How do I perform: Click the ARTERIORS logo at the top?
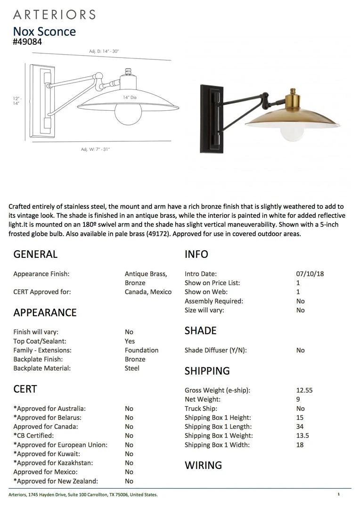(x=54, y=14)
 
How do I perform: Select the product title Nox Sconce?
(x=44, y=32)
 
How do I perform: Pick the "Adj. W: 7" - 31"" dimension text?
(x=95, y=149)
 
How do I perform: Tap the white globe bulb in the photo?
(x=290, y=133)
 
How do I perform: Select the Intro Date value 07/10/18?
(x=307, y=274)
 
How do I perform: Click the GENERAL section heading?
(x=35, y=254)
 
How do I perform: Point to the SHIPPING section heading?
(x=207, y=371)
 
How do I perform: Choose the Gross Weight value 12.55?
(x=304, y=390)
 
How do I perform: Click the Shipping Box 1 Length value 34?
(x=300, y=427)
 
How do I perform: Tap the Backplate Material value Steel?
(x=132, y=368)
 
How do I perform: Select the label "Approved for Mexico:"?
(x=45, y=472)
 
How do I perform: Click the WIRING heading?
(x=203, y=465)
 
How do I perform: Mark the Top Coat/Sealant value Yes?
(x=130, y=341)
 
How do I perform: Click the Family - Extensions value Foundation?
(x=141, y=350)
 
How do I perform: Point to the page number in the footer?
(x=338, y=494)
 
